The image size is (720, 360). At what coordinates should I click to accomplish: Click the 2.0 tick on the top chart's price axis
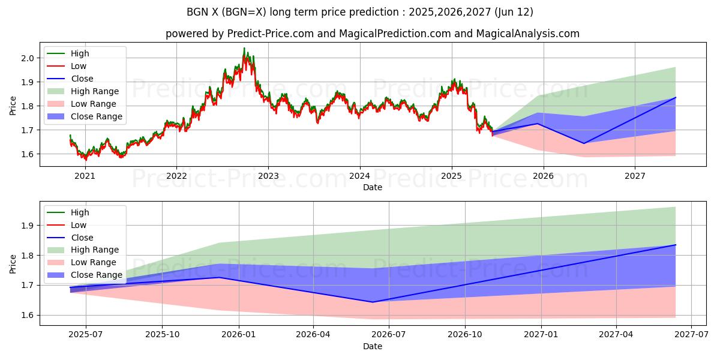click(28, 58)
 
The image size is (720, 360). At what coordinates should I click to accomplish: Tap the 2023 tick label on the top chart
click(268, 176)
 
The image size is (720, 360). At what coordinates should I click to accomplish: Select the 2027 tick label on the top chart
click(635, 176)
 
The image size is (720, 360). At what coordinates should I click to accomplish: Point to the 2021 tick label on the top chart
click(85, 176)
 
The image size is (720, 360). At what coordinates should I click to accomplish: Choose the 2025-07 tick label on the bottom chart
click(86, 335)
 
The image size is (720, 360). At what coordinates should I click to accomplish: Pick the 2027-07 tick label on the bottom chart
click(691, 335)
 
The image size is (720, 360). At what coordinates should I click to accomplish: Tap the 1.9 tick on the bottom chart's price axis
click(28, 226)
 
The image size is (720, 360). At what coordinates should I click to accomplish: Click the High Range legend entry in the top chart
click(95, 91)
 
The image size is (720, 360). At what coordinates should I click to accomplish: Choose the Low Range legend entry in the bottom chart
click(94, 262)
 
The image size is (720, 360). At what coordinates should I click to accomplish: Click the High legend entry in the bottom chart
click(80, 212)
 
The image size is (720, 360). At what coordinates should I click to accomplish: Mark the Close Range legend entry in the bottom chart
click(96, 275)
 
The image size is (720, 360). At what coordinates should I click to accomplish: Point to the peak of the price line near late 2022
click(244, 49)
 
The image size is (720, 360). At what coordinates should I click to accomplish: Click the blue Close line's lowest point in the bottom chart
click(373, 302)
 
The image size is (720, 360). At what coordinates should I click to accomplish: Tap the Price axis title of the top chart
click(13, 106)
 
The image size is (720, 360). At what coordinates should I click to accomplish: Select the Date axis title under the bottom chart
click(373, 346)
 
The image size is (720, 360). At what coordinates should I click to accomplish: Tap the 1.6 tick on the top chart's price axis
click(28, 154)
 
